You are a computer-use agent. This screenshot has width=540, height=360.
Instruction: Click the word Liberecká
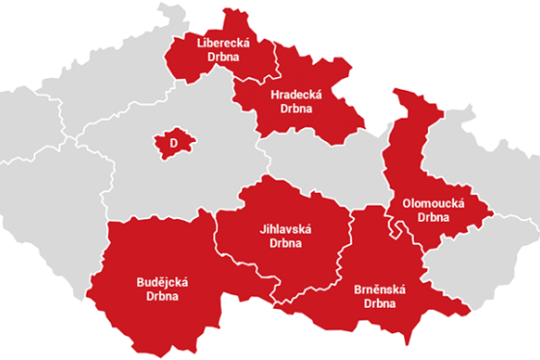click(x=222, y=42)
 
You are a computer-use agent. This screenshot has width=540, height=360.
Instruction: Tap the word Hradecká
click(x=295, y=94)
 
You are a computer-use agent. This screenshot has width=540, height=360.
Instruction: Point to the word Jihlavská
click(x=286, y=230)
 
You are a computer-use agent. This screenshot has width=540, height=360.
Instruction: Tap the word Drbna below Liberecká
click(x=222, y=57)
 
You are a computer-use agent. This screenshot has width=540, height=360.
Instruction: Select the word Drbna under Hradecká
click(x=295, y=108)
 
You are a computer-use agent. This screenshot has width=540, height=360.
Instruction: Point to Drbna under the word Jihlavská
click(x=286, y=244)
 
